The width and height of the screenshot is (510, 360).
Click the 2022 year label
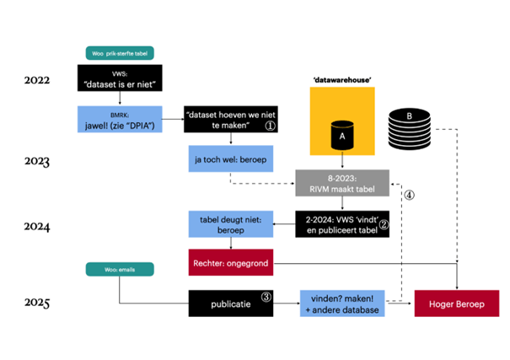pyautogui.click(x=37, y=80)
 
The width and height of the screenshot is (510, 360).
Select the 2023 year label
pyautogui.click(x=37, y=161)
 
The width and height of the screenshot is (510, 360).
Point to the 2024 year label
pyautogui.click(x=37, y=226)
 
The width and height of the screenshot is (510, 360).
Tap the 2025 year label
pyautogui.click(x=37, y=303)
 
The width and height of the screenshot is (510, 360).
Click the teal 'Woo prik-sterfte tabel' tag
pyautogui.click(x=120, y=53)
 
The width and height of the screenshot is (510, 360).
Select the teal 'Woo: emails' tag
pyautogui.click(x=120, y=269)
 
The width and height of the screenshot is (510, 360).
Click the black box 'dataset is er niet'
pyautogui.click(x=120, y=78)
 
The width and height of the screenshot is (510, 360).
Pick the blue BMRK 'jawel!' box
pyautogui.click(x=120, y=120)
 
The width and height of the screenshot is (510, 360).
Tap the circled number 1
pyautogui.click(x=271, y=126)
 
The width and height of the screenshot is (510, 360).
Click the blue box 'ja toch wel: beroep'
pyautogui.click(x=231, y=159)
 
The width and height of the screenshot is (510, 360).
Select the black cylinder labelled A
pyautogui.click(x=342, y=135)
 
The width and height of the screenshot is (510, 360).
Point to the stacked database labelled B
pyautogui.click(x=410, y=129)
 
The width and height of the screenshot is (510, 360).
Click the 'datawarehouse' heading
pyautogui.click(x=342, y=80)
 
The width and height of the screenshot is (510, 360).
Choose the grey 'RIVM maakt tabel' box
pyautogui.click(x=342, y=183)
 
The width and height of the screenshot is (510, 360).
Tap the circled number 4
pyautogui.click(x=409, y=195)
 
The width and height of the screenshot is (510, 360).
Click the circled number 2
pyautogui.click(x=384, y=224)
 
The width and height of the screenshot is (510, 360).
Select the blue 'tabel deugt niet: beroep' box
pyautogui.click(x=231, y=224)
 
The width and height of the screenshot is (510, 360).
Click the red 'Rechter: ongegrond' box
pyautogui.click(x=231, y=262)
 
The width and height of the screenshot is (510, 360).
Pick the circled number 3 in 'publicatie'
pyautogui.click(x=266, y=297)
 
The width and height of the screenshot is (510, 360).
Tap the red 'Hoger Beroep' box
pyautogui.click(x=457, y=304)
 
